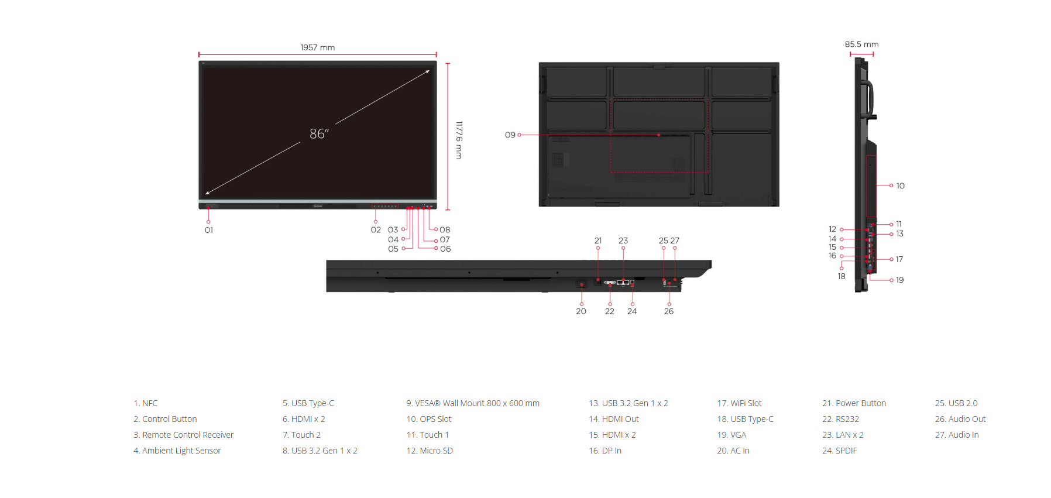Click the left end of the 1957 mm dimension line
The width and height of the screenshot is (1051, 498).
tap(199, 54)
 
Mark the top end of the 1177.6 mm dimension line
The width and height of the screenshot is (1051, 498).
tap(448, 63)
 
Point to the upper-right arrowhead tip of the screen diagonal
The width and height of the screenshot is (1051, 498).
tap(430, 71)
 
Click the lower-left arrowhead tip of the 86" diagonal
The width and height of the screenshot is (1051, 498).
tap(205, 194)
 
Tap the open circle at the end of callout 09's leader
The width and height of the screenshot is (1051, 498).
tap(519, 135)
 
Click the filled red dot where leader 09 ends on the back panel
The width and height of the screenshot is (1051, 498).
tap(659, 135)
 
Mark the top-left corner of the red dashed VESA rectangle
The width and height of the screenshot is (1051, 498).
tap(611, 99)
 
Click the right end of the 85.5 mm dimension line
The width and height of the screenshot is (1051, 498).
tap(874, 54)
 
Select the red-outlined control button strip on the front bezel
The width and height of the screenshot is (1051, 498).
tap(386, 206)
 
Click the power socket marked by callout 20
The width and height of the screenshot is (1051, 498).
tap(582, 284)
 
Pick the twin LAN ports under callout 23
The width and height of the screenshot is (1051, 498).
tap(623, 283)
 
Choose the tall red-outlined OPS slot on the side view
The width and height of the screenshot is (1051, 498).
tap(871, 186)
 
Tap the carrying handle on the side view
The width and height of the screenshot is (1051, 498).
tap(868, 99)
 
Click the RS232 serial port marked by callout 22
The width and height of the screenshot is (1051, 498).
tap(610, 283)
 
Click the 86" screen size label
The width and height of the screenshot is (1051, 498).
tap(319, 134)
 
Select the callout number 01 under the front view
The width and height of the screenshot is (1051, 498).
tap(209, 230)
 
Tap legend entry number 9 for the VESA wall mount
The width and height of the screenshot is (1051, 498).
tap(473, 403)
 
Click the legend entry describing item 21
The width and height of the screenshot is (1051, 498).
tap(854, 403)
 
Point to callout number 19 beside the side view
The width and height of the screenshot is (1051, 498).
tap(900, 280)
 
